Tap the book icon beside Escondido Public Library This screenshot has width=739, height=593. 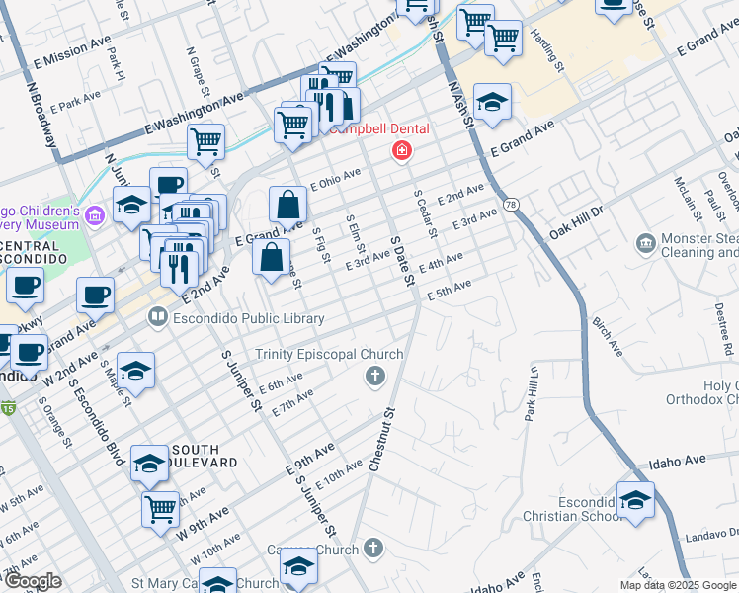(157, 318)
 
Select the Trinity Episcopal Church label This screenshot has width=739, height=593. (329, 355)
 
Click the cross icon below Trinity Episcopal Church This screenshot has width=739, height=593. (373, 376)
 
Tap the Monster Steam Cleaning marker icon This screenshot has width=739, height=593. (646, 242)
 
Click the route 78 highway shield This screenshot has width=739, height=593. (510, 205)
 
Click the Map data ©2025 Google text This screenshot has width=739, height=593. (678, 585)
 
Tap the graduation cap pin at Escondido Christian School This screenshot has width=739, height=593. (635, 500)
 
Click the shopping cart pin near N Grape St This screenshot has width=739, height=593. (205, 141)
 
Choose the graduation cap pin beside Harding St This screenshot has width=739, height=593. (491, 102)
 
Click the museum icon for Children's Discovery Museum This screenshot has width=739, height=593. (95, 214)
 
